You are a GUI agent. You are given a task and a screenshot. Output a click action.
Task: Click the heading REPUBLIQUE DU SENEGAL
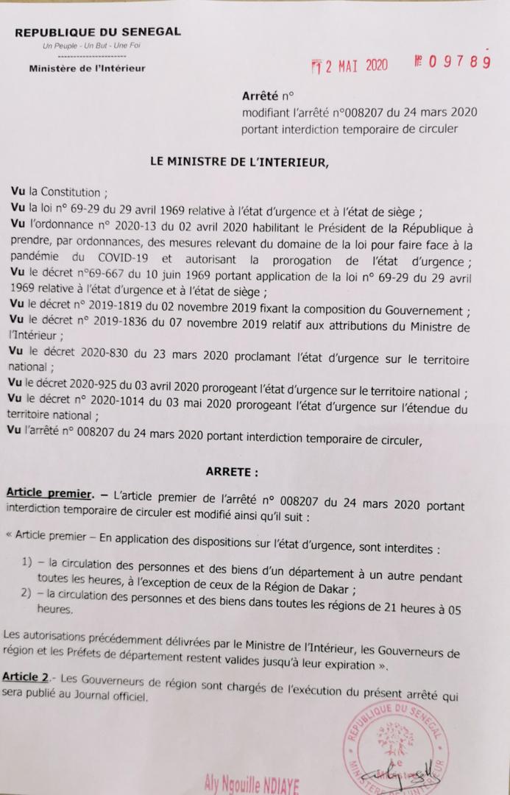tap(97, 32)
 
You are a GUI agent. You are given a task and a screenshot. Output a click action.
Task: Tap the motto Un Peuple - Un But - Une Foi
tap(92, 46)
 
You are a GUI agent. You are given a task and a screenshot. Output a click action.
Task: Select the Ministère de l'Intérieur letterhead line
tap(87, 68)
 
